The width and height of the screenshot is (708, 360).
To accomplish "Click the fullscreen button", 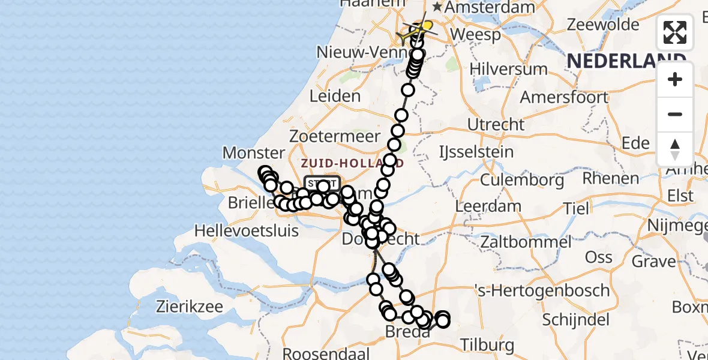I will [675, 32].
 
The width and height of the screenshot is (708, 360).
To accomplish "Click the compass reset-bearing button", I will [675, 149].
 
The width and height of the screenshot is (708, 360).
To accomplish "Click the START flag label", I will [322, 183].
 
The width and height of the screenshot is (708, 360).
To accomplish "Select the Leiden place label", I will [335, 96].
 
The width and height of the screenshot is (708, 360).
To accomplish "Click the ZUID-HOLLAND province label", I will [352, 163].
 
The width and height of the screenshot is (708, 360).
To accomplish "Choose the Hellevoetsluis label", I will [246, 230].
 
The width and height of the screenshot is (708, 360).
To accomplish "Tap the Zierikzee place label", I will [190, 307].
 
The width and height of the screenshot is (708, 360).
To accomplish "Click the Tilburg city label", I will [487, 345].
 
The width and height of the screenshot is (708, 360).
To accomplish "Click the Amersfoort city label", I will [564, 97].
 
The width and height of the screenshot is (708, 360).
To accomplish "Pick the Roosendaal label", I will [320, 353].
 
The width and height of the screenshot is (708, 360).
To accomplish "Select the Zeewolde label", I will [603, 25].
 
